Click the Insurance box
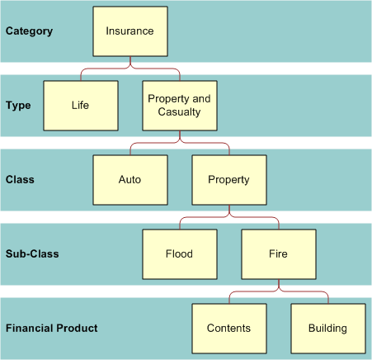[129, 31]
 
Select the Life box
[80, 106]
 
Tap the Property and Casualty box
[179, 106]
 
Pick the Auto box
[129, 179]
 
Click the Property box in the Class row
[228, 179]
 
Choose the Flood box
[179, 253]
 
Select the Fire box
[278, 253]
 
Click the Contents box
[228, 328]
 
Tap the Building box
[327, 328]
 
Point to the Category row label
[29, 31]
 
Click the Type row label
[18, 106]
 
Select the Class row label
[20, 179]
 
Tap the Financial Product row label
[51, 328]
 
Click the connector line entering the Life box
[81, 75]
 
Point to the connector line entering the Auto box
[130, 149]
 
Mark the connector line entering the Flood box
[180, 224]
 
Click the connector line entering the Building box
[327, 298]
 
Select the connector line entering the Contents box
[229, 298]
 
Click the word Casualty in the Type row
[179, 112]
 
